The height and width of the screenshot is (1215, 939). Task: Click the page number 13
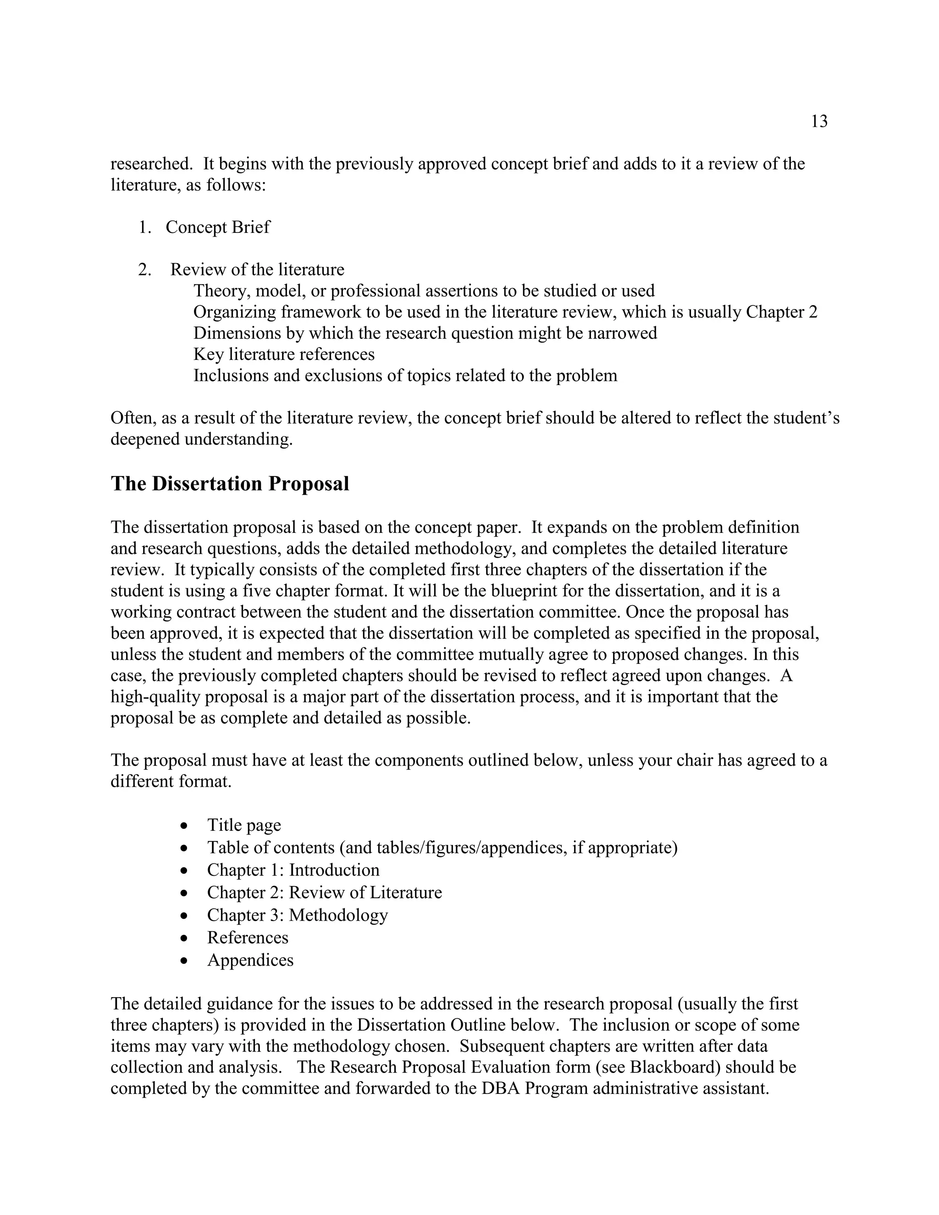[819, 121]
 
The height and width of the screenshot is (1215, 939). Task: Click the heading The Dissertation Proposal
[230, 483]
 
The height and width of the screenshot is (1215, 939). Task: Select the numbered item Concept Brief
[217, 227]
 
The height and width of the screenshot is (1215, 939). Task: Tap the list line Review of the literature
[257, 269]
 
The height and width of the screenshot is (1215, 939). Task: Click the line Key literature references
[284, 354]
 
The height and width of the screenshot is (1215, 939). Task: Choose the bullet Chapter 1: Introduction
[293, 870]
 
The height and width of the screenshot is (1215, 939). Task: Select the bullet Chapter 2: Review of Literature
[324, 892]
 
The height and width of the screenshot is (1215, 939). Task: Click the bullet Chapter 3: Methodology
[297, 915]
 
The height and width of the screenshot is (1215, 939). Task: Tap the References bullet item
[248, 938]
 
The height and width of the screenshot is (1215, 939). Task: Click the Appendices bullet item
[250, 960]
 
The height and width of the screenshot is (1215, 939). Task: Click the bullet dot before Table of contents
[185, 848]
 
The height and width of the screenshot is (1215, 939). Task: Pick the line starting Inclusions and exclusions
[405, 375]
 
